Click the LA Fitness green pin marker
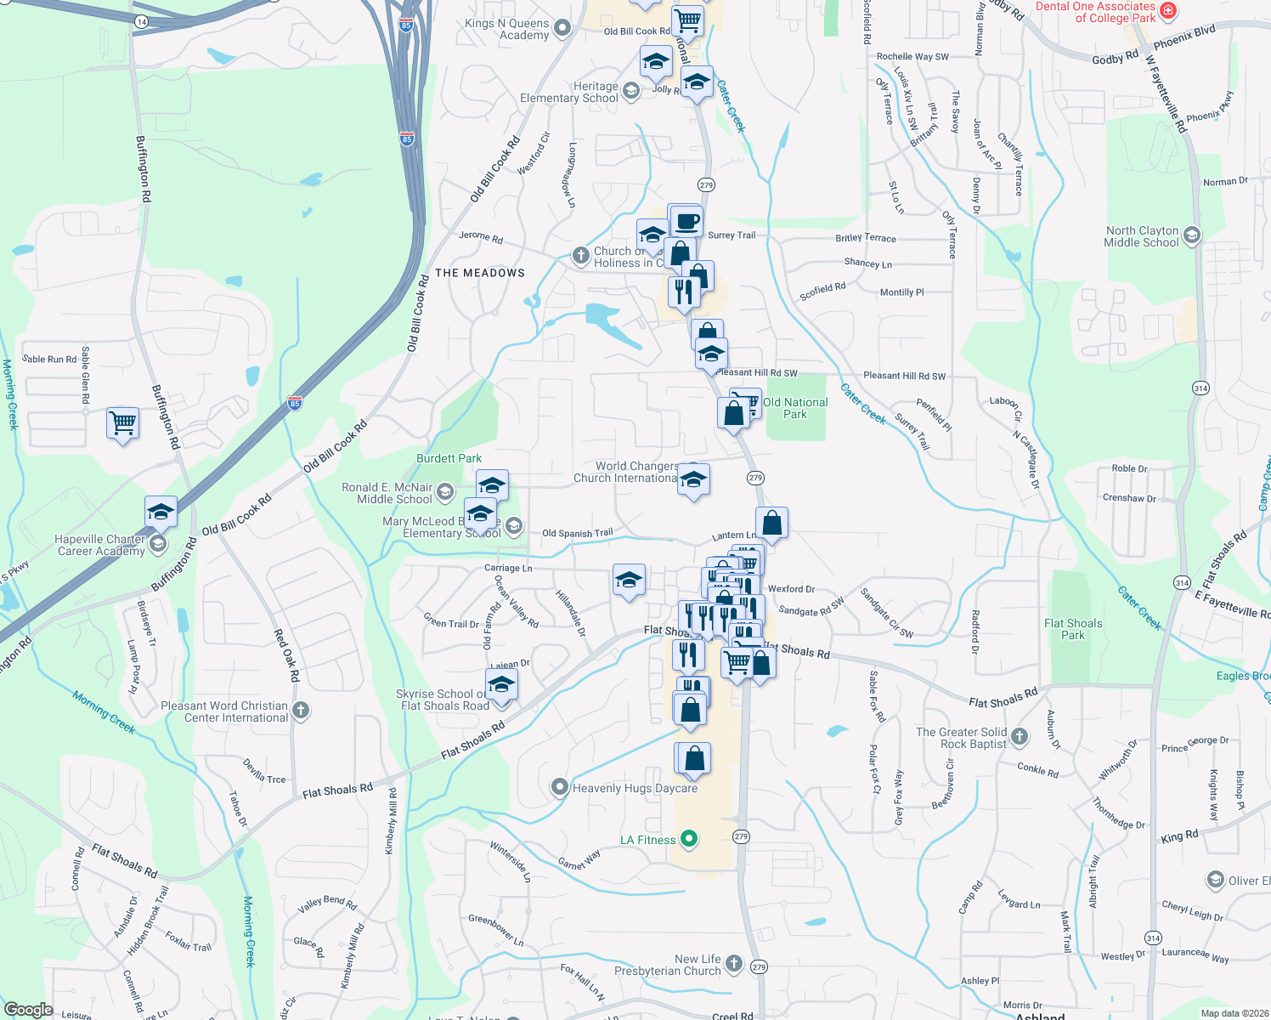pyautogui.click(x=689, y=840)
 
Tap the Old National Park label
pyautogui.click(x=795, y=408)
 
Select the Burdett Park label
pyautogui.click(x=449, y=458)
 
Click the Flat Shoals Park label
pyautogui.click(x=1073, y=629)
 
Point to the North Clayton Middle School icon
pyautogui.click(x=1192, y=235)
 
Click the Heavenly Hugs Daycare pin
pyautogui.click(x=559, y=787)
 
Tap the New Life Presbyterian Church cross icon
pyautogui.click(x=734, y=964)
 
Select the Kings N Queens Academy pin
pyautogui.click(x=562, y=29)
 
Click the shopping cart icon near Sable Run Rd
pyautogui.click(x=123, y=422)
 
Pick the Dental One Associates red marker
pyautogui.click(x=1168, y=11)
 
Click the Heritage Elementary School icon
pyautogui.click(x=630, y=91)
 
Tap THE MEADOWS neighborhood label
pyautogui.click(x=480, y=273)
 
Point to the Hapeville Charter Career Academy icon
pyautogui.click(x=158, y=544)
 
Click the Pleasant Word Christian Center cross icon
pyautogui.click(x=300, y=711)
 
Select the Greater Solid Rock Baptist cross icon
pyautogui.click(x=1020, y=737)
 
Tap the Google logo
pyautogui.click(x=29, y=1010)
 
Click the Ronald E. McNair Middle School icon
pyautogui.click(x=444, y=493)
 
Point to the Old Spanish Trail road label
pyautogui.click(x=577, y=534)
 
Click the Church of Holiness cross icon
pyautogui.click(x=580, y=255)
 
